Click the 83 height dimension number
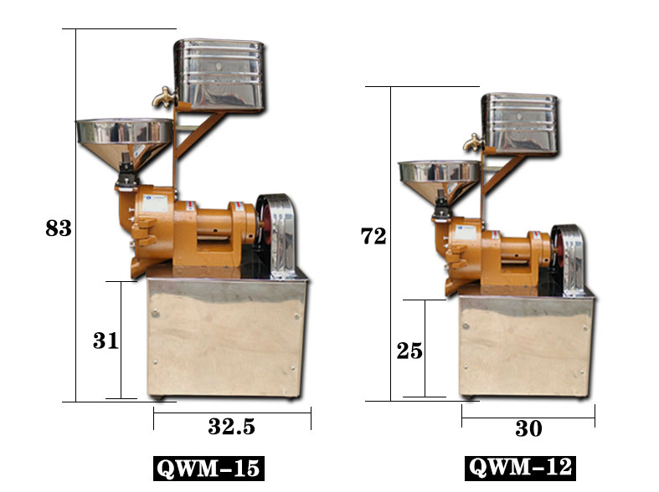[59, 228]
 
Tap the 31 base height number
[106, 341]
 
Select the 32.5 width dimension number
[232, 427]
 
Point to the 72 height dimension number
[373, 236]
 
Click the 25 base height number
[409, 351]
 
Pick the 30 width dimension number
[528, 428]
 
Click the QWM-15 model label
[209, 469]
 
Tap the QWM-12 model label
[520, 468]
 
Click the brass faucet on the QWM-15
[164, 97]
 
